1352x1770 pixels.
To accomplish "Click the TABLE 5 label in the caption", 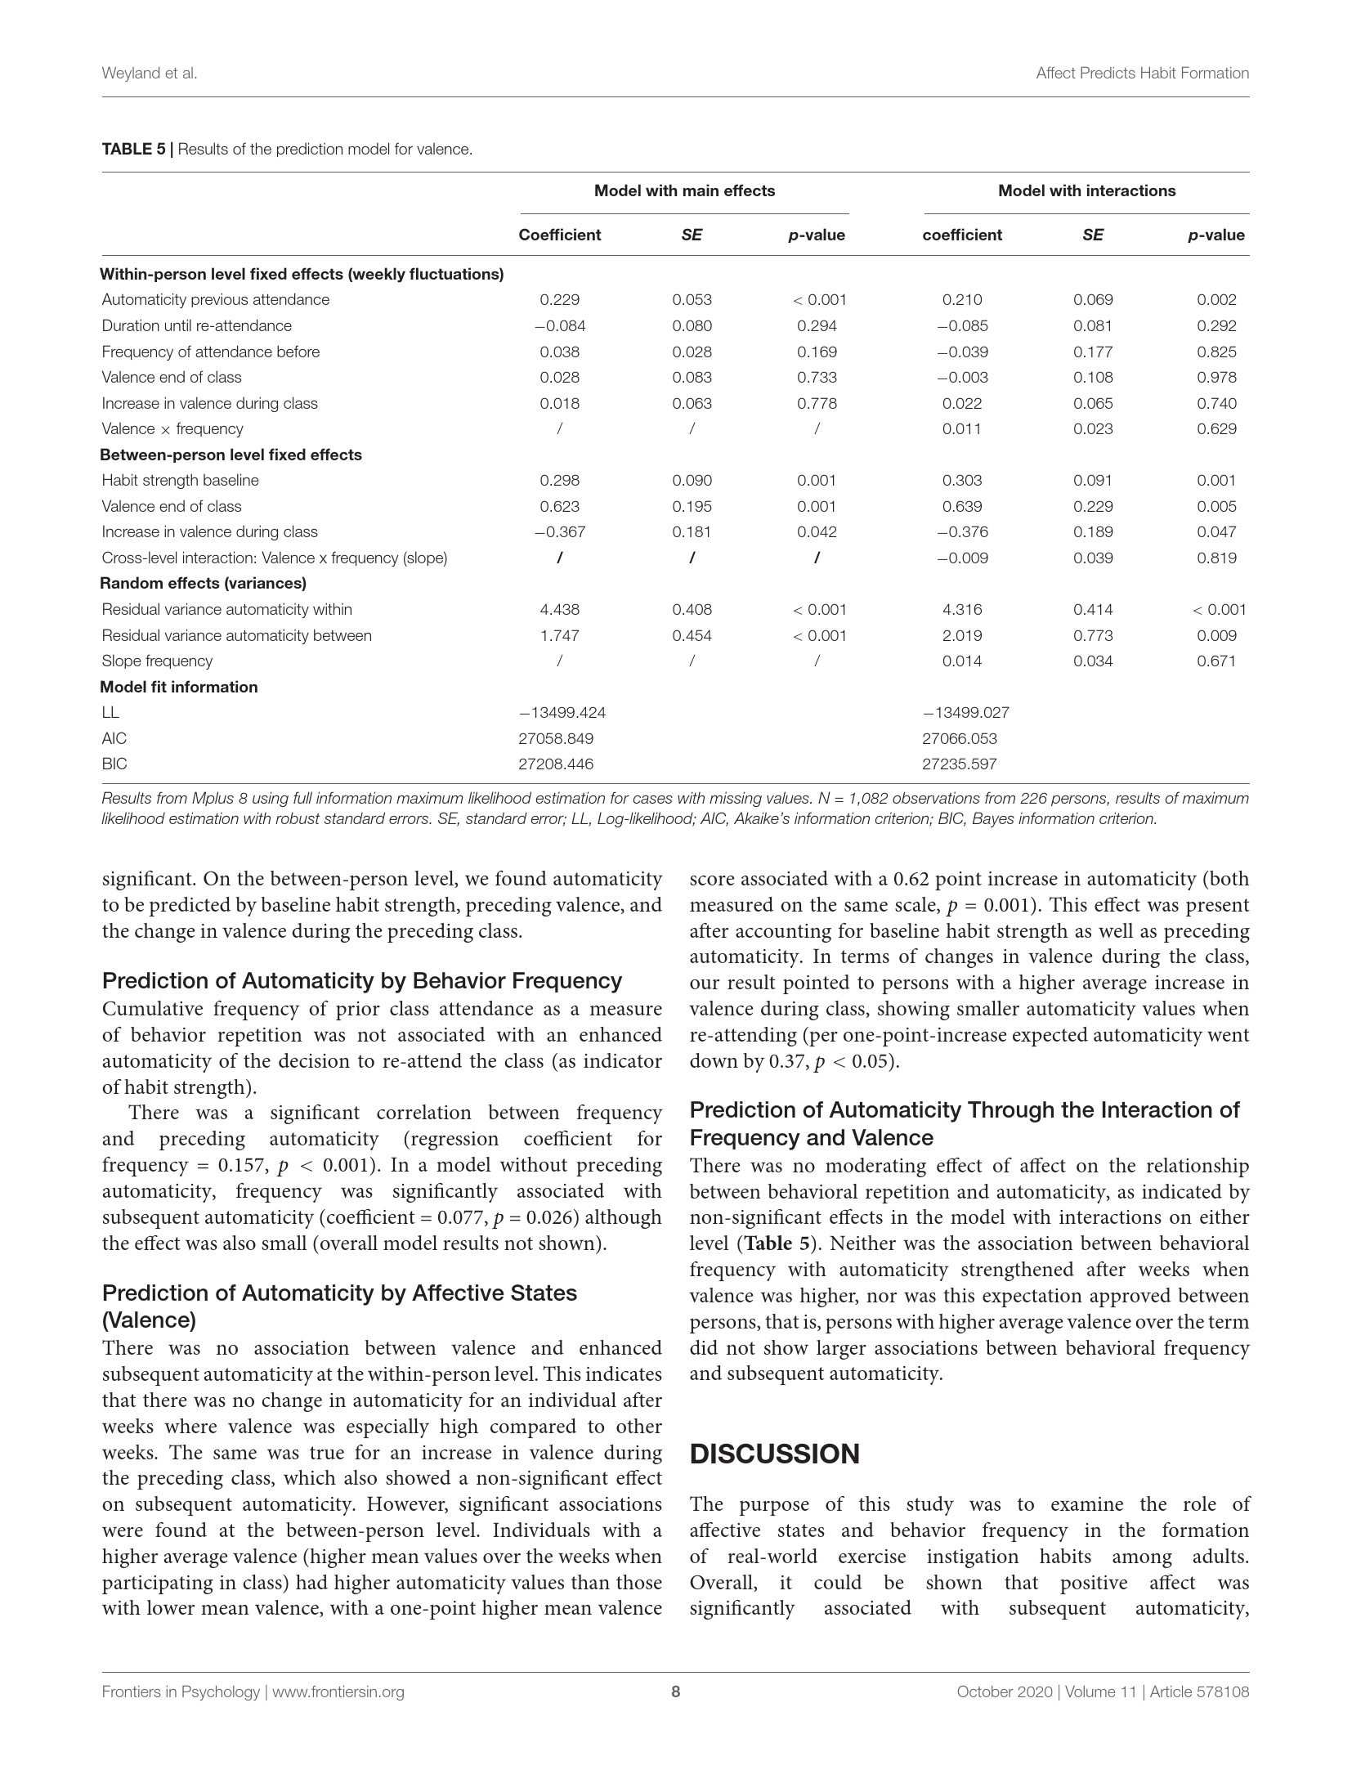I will tap(133, 150).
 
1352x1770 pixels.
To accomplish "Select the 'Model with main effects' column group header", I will tap(684, 190).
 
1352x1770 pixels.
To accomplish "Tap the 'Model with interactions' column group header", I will tap(1086, 190).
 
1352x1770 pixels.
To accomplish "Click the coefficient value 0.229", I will tap(560, 299).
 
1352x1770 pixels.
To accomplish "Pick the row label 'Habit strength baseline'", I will tap(180, 480).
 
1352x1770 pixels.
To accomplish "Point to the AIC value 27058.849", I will tap(556, 738).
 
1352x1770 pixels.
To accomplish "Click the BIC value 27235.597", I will tap(959, 764).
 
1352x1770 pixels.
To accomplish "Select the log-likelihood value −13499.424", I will tap(562, 712).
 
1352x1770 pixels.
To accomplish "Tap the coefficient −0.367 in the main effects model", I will tap(560, 531).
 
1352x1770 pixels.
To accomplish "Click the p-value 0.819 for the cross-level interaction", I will tap(1216, 558).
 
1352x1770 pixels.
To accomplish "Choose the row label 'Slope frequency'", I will tap(157, 661).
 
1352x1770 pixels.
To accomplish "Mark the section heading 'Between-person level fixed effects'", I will tap(231, 455).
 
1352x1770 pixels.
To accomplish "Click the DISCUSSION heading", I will tap(774, 1454).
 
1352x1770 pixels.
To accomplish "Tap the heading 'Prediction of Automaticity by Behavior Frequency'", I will tap(362, 980).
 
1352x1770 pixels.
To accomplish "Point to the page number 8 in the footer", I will tap(676, 1692).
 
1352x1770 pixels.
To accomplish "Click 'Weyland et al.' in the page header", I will tap(150, 73).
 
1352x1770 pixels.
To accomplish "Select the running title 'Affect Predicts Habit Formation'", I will tap(1142, 73).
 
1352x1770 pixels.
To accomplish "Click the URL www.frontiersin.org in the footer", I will tap(338, 1692).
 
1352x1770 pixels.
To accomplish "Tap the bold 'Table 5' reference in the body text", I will tap(781, 1243).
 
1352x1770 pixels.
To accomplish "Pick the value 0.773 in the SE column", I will tap(1093, 635).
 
